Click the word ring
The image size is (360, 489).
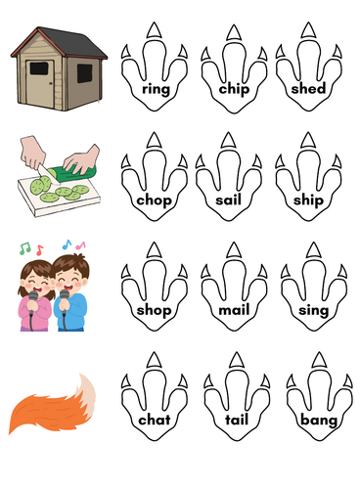coord(156,89)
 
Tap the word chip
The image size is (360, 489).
coord(234,89)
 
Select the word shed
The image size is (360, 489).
coord(308,88)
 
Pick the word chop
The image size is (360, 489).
coord(154,200)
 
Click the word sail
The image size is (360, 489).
coord(228,200)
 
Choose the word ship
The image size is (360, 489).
coord(308,200)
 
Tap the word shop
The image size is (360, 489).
coord(154,310)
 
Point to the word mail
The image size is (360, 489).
coord(234,309)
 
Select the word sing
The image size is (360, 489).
coord(313,310)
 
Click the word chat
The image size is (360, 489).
coord(155,420)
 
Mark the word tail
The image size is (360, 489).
coord(237,420)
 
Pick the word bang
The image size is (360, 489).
coord(319,421)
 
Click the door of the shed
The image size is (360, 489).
coord(40,83)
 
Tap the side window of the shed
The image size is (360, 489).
coord(84,73)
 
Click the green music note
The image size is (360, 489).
coord(24,248)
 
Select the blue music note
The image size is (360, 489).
coord(67,244)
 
